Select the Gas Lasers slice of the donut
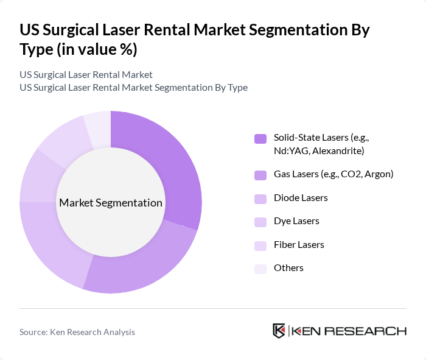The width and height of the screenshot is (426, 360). (143, 262)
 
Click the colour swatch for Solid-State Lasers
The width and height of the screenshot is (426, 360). (260, 138)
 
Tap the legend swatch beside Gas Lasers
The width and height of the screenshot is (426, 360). (260, 175)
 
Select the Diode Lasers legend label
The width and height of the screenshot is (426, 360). (301, 198)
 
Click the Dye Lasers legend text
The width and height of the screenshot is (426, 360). (296, 221)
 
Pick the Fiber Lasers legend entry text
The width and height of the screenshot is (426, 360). (299, 244)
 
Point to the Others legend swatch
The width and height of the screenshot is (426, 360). (260, 269)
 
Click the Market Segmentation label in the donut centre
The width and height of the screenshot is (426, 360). (111, 203)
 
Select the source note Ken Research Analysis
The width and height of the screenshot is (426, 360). (77, 332)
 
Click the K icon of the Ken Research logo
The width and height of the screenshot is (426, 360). (279, 331)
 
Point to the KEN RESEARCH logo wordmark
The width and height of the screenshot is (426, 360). (349, 331)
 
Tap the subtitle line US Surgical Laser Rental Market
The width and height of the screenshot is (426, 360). (86, 75)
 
